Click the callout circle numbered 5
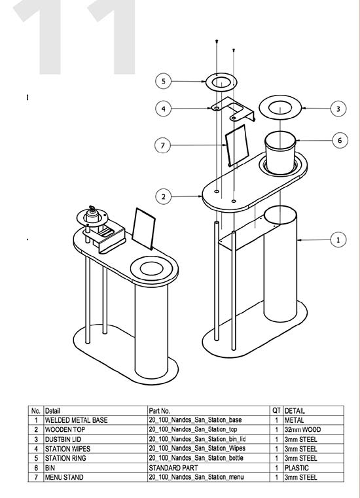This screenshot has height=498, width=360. click(164, 81)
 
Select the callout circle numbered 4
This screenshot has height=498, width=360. click(164, 109)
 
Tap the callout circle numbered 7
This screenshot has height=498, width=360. click(163, 145)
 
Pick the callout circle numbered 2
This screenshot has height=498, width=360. click(164, 196)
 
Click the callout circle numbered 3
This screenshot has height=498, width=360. click(338, 109)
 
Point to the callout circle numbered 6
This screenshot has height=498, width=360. click(340, 140)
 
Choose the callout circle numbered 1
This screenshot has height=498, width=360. click(338, 240)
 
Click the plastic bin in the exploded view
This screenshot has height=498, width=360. click(280, 153)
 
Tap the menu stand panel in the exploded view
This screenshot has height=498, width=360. click(237, 145)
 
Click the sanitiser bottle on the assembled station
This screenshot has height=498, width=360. click(92, 215)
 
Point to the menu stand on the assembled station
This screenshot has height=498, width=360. click(143, 228)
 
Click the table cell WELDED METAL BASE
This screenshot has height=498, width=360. click(77, 420)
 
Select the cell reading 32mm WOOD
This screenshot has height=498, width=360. click(302, 430)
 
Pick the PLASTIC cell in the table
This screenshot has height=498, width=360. click(297, 468)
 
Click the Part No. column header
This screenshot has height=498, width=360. click(159, 411)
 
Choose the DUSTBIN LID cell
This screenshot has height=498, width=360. click(63, 439)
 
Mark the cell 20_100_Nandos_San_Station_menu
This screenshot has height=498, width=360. click(196, 477)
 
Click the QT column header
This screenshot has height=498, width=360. click(276, 410)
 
